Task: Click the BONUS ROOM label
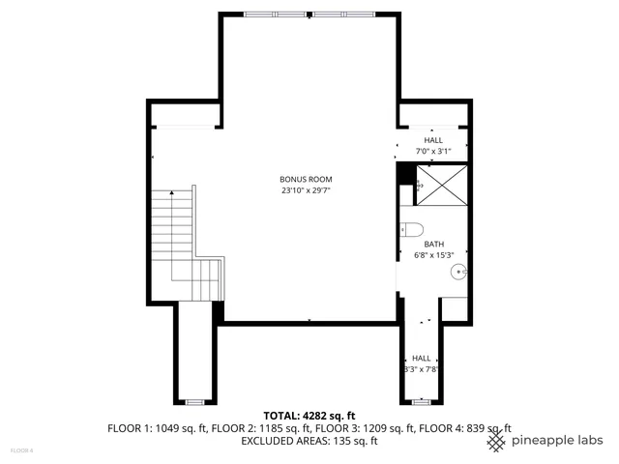[x=306, y=180]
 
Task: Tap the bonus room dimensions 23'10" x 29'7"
[x=306, y=190]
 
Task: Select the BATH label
[x=433, y=245]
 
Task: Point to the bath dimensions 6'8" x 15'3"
[x=433, y=255]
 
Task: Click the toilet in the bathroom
[x=411, y=230]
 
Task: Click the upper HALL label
[x=432, y=141]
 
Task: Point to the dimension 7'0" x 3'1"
[x=432, y=152]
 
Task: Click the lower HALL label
[x=422, y=358]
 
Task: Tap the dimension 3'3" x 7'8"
[x=422, y=368]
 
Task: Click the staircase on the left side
[x=184, y=242]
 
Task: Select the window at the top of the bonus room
[x=309, y=14]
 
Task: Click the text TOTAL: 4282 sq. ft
[x=309, y=416]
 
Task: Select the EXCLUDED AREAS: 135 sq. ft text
[x=309, y=441]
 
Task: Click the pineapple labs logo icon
[x=495, y=441]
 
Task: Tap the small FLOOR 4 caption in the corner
[x=21, y=449]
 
